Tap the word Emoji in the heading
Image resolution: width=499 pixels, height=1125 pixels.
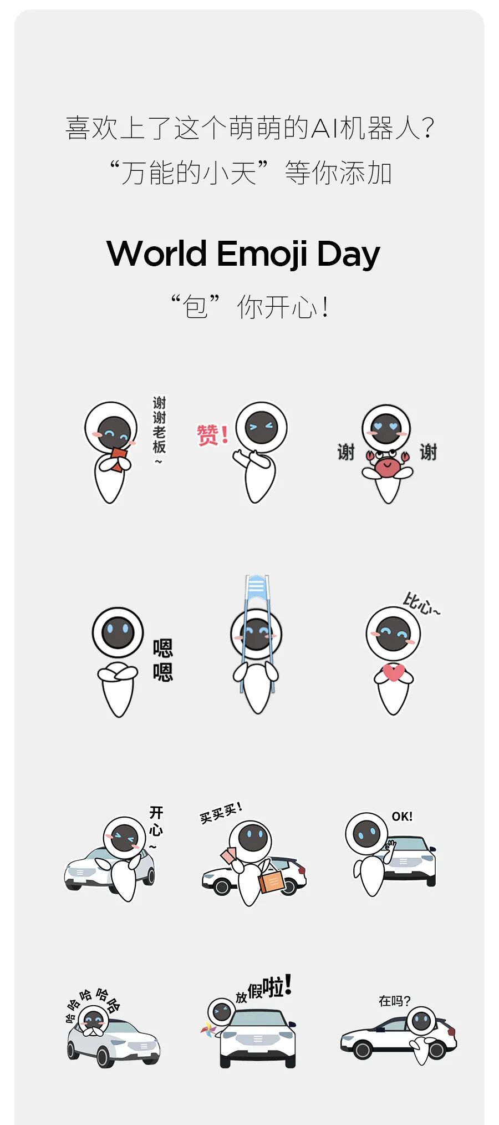click(262, 255)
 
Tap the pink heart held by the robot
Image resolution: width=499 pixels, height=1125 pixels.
click(393, 672)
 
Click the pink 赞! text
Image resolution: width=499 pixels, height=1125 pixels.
click(213, 434)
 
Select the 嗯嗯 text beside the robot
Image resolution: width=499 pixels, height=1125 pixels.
click(163, 660)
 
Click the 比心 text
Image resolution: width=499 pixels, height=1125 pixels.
click(421, 604)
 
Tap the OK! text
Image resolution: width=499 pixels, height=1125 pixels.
click(402, 817)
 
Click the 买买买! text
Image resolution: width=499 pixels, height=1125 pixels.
click(221, 813)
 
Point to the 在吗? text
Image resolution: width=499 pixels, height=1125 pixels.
click(394, 1001)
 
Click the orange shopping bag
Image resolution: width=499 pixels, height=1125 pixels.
click(272, 880)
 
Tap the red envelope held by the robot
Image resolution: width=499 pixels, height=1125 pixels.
click(118, 459)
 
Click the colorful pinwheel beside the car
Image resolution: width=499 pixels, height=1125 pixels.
click(208, 1030)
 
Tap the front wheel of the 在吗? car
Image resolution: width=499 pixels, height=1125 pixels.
click(363, 1050)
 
